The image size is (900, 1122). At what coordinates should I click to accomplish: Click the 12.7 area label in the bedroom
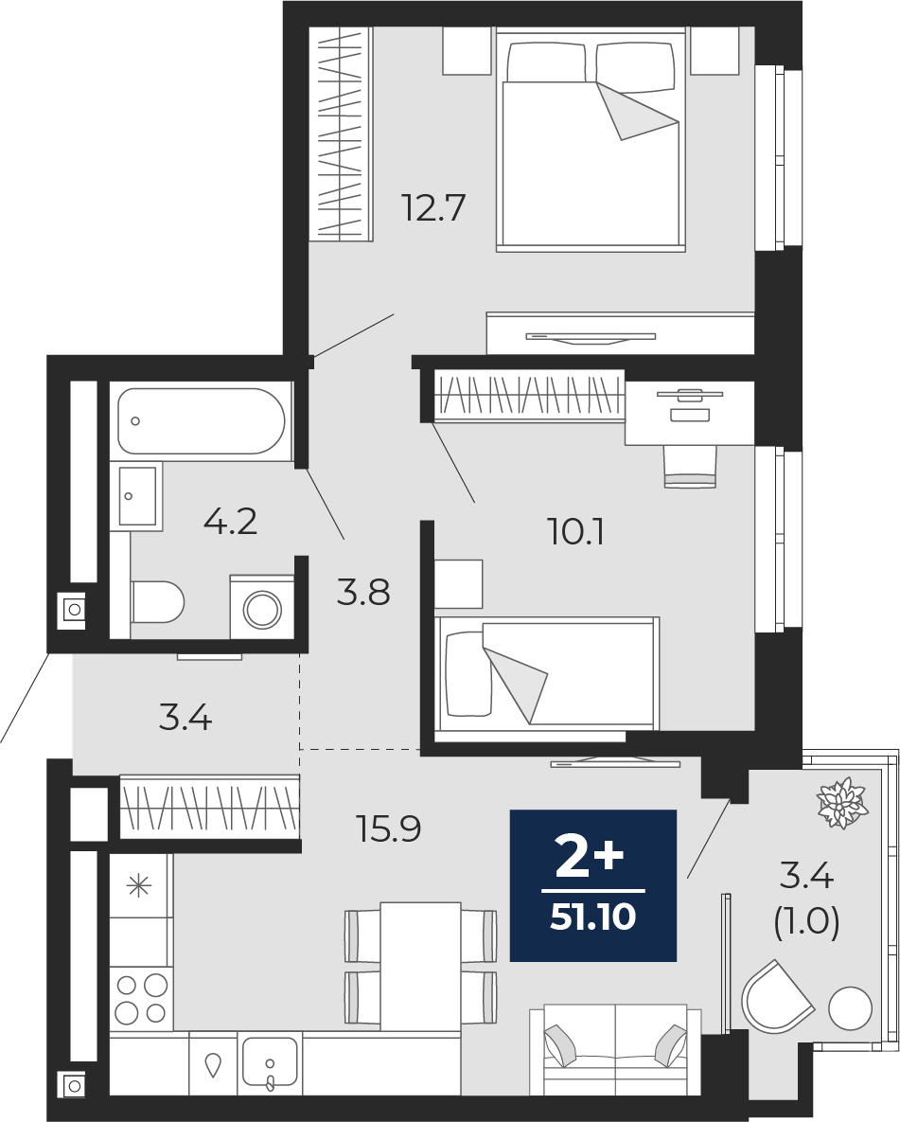(x=434, y=207)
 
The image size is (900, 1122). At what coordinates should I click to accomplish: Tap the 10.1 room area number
(x=576, y=532)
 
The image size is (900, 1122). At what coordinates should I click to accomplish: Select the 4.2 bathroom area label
(x=230, y=522)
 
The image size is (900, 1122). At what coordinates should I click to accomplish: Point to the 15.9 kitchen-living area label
(x=388, y=828)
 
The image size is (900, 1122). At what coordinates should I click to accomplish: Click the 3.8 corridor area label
(x=363, y=594)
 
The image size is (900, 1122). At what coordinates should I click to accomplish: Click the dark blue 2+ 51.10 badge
(x=593, y=885)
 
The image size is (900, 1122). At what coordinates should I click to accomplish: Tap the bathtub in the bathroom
(x=202, y=420)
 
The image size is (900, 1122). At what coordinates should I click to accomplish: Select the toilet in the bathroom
(x=157, y=602)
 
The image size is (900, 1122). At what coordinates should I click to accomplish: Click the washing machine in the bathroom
(x=262, y=607)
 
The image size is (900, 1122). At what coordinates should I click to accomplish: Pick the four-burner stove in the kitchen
(x=141, y=1000)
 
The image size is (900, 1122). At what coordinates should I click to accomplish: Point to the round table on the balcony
(x=850, y=1008)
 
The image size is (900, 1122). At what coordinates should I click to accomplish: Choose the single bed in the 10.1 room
(x=547, y=674)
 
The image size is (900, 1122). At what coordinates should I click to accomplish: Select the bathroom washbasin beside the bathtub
(x=136, y=495)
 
